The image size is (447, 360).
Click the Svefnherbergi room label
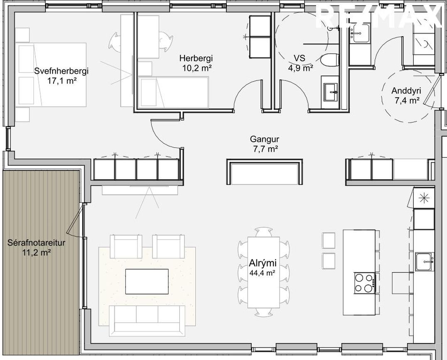tap(61, 71)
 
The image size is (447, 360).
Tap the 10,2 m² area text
tap(196, 68)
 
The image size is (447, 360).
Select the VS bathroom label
tap(300, 59)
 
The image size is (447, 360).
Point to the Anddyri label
tap(406, 91)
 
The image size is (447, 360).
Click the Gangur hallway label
tap(265, 139)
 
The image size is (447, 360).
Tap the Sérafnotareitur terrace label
tap(37, 243)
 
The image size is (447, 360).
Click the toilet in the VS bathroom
tap(329, 60)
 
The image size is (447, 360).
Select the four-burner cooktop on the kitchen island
tap(365, 283)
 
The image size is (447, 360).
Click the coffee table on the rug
tap(147, 282)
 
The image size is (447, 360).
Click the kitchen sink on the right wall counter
tap(425, 262)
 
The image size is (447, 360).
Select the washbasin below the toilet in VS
tap(330, 92)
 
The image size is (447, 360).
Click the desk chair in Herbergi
tap(165, 41)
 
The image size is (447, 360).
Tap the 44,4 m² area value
tap(262, 273)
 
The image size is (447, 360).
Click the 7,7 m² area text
tap(265, 149)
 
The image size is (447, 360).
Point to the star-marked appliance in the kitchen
tap(424, 198)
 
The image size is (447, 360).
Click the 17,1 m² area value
tap(62, 81)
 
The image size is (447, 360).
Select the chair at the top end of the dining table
tap(264, 232)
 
